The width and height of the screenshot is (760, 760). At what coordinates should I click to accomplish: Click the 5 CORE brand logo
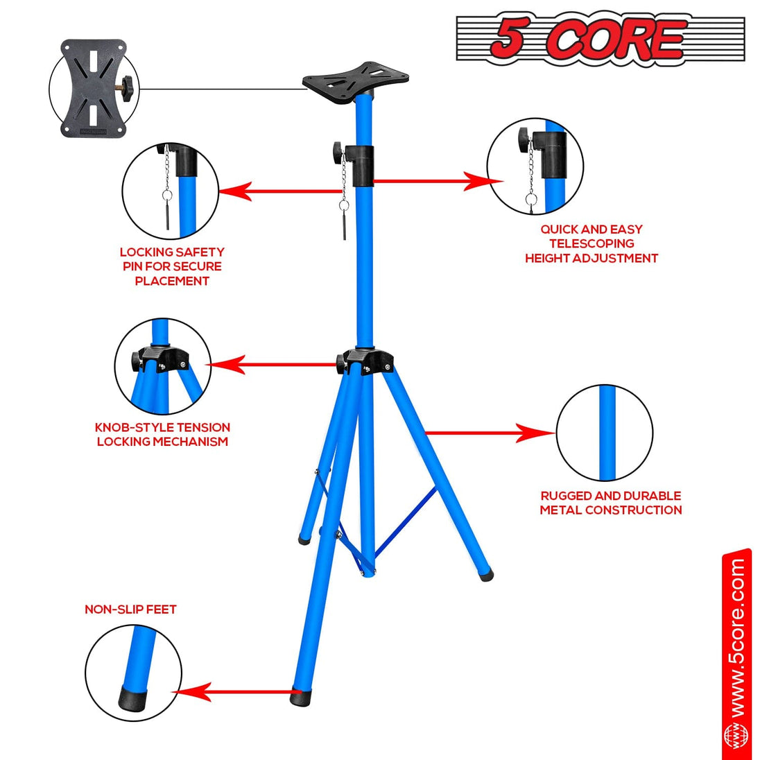pos(600,39)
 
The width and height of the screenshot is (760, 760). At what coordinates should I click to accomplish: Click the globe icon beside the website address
pos(736,735)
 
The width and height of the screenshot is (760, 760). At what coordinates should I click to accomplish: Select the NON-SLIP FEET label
pos(130,610)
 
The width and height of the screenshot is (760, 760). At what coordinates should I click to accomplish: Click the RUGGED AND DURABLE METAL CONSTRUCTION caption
pos(610,503)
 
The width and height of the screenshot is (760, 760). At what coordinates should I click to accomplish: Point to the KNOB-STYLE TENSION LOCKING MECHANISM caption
pos(162,434)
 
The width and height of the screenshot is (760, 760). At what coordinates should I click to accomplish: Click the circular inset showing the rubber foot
pos(133,673)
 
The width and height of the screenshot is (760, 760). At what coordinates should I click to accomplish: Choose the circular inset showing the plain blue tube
pos(605,433)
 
